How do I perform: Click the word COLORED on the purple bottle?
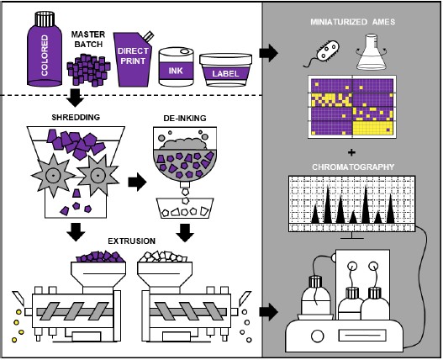[45, 56]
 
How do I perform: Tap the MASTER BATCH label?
[88, 40]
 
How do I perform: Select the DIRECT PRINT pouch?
[133, 59]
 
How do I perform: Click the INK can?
[176, 67]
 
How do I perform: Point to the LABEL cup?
[225, 70]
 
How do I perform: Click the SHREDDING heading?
[76, 117]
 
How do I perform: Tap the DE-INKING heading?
[185, 118]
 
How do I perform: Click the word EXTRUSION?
[132, 241]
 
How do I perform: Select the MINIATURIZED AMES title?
[353, 22]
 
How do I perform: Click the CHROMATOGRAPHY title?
[353, 167]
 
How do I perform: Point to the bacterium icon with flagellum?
[323, 55]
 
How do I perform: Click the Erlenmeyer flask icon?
[371, 52]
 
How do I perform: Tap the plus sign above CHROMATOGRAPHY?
[351, 153]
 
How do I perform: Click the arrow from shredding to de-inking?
[137, 183]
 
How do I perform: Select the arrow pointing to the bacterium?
[269, 53]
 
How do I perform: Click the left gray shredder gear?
[53, 175]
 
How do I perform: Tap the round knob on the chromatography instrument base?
[317, 336]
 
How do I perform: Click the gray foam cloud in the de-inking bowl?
[182, 144]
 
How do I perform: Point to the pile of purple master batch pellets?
[88, 70]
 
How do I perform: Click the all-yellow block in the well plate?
[373, 128]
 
